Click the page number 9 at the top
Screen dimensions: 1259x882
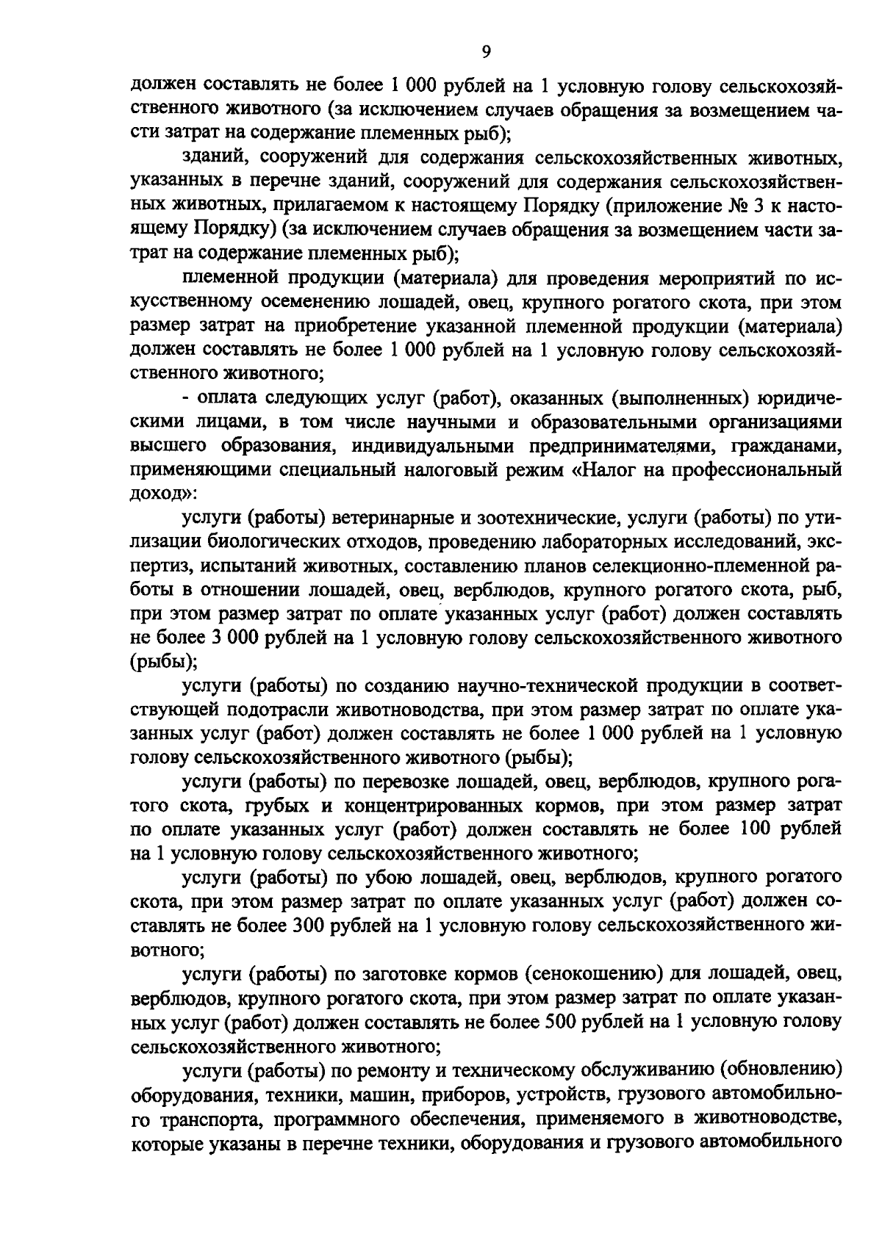coord(486,51)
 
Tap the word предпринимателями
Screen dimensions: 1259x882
coord(620,446)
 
